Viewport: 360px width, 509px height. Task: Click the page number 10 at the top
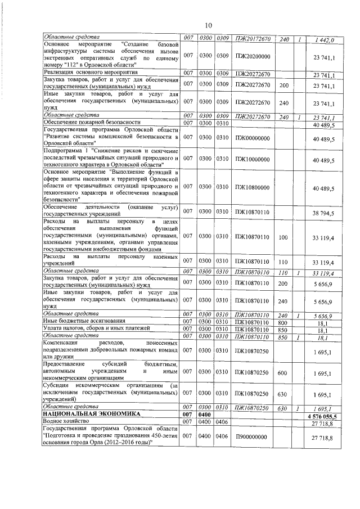207,25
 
